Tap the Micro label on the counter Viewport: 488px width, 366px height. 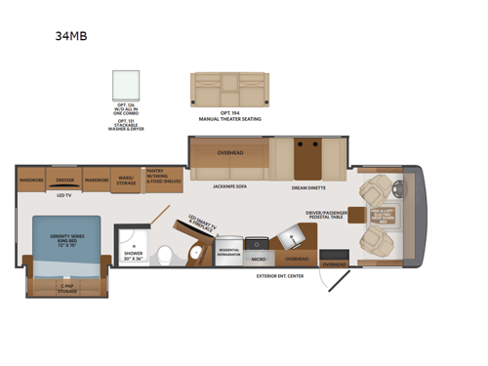tap(259, 260)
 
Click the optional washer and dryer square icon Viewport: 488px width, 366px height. tap(126, 85)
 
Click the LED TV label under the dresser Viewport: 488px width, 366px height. tap(63, 195)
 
